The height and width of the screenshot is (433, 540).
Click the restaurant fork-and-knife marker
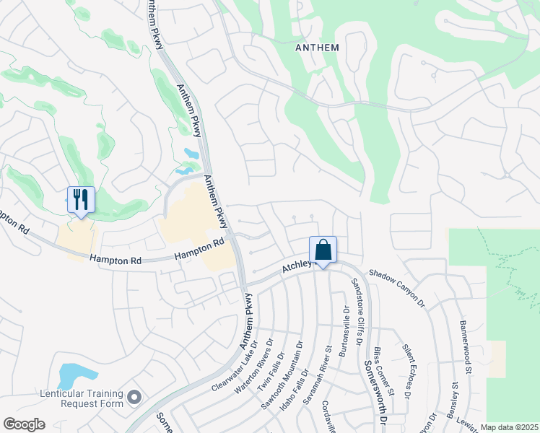pos(81,200)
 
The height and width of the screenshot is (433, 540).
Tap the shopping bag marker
pos(323,250)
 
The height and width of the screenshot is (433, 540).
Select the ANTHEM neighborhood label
pos(317,47)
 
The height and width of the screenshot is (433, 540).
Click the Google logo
pos(24,424)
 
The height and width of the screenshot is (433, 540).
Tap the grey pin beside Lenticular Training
pos(134,397)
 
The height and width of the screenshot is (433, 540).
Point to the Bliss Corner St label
pos(385,370)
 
